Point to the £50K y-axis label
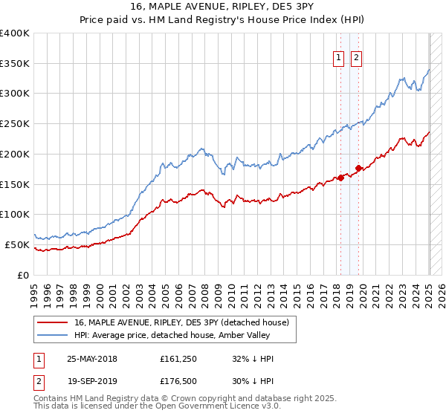(18, 244)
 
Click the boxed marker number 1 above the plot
(339, 58)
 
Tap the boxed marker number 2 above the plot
(356, 58)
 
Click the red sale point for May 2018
(340, 178)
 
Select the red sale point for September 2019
(358, 168)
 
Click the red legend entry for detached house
(186, 322)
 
